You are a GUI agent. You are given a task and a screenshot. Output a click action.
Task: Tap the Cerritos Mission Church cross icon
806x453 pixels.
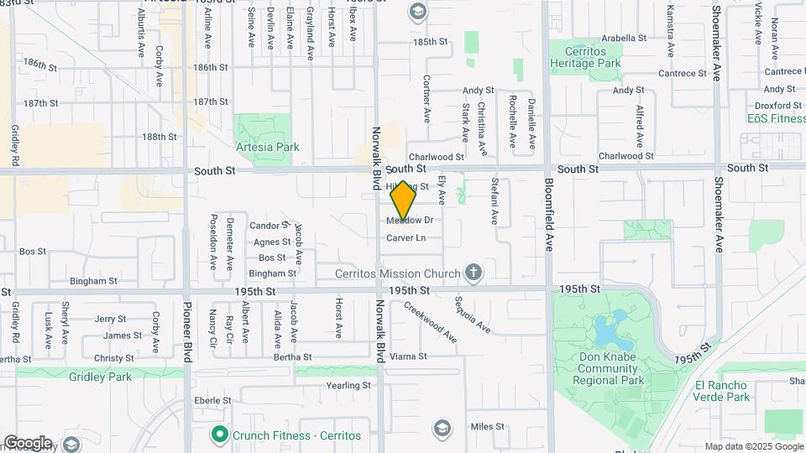click(474, 273)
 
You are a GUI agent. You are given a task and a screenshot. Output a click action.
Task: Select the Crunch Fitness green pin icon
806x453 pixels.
click(219, 435)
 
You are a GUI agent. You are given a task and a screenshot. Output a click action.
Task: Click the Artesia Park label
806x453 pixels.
click(269, 147)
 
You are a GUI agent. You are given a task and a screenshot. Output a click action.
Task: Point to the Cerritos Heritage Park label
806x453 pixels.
click(589, 57)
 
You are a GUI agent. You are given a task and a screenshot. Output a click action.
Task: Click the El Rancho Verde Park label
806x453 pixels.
click(722, 391)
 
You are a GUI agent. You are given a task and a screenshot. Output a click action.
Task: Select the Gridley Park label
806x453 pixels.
click(101, 377)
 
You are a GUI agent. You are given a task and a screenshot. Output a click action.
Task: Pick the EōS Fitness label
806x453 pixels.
click(777, 118)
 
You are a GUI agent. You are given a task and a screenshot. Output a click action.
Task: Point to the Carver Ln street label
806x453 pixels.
click(406, 238)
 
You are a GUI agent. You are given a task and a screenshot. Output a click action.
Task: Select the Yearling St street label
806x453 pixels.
click(349, 386)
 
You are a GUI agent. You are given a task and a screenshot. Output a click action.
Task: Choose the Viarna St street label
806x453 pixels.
click(409, 357)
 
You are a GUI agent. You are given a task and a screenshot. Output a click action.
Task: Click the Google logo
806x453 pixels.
click(27, 443)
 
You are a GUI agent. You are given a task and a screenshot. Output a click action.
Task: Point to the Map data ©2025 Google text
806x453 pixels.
click(753, 447)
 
